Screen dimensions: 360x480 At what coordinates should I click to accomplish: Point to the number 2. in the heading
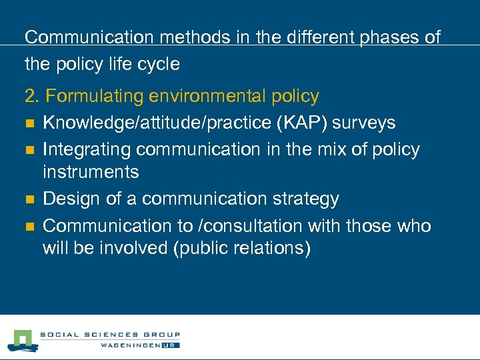coord(32,97)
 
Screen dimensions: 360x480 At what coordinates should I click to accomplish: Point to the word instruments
coord(91,173)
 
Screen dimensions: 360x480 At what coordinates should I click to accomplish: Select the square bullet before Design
coord(29,200)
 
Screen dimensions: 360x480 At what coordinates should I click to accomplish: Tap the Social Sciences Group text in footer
coord(110,335)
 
